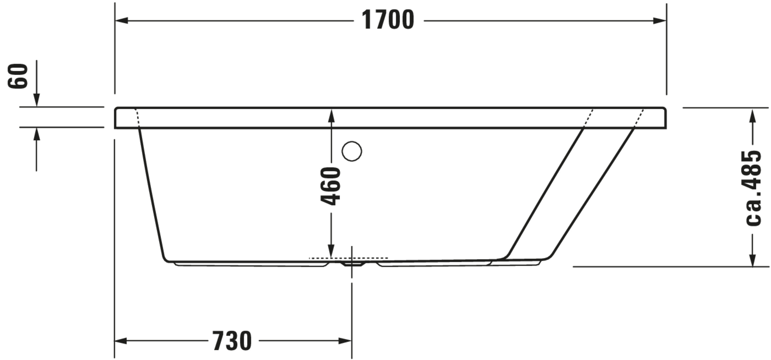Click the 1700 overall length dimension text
click(x=388, y=20)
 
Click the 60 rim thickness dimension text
click(x=17, y=76)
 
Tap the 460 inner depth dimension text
click(x=331, y=186)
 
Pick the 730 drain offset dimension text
click(x=232, y=341)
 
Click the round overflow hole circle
click(x=352, y=151)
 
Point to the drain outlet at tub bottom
click(x=352, y=264)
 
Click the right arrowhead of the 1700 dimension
click(x=660, y=21)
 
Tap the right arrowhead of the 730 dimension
click(x=345, y=341)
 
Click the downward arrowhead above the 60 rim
click(x=36, y=100)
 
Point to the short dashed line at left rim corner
click(x=137, y=117)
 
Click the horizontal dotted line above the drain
click(x=348, y=258)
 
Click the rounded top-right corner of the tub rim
click(x=664, y=109)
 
